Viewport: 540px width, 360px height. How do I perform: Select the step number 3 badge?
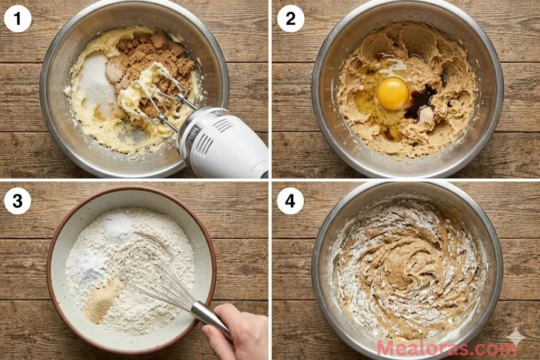[17, 201]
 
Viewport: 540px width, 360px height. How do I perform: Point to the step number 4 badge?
[291, 201]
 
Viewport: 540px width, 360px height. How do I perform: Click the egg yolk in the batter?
[392, 93]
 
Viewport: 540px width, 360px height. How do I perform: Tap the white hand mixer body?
[227, 145]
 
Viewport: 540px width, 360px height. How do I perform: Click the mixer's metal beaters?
[158, 100]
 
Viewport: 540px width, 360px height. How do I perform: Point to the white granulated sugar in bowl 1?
[98, 84]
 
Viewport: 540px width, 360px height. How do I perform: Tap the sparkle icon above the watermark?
[515, 336]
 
